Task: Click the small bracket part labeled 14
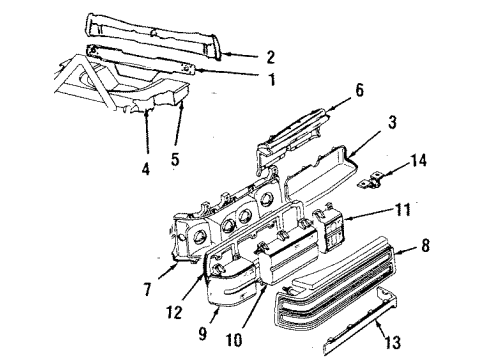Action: (x=379, y=177)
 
